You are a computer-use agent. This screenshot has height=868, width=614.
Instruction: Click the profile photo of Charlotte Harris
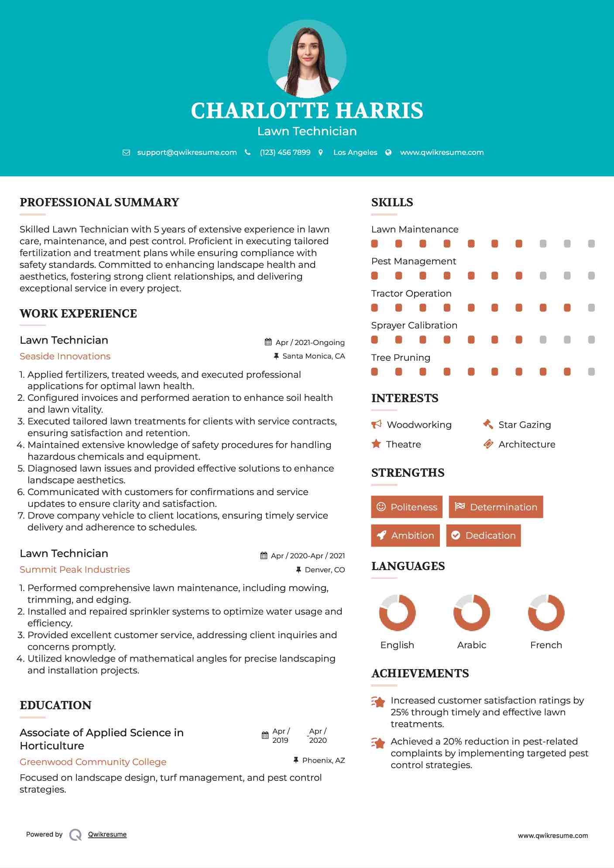pyautogui.click(x=307, y=58)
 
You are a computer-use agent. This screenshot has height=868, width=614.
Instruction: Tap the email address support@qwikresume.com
pyautogui.click(x=187, y=152)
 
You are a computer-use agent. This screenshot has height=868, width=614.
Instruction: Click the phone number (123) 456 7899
pyautogui.click(x=285, y=152)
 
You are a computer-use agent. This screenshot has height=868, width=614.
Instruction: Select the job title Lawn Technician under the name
pyautogui.click(x=307, y=131)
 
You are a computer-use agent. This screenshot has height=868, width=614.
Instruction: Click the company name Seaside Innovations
pyautogui.click(x=65, y=356)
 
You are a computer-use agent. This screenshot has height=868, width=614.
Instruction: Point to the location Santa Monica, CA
pyautogui.click(x=313, y=356)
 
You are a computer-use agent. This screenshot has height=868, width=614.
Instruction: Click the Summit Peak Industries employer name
pyautogui.click(x=75, y=570)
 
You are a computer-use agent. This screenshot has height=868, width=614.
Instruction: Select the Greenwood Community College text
pyautogui.click(x=93, y=762)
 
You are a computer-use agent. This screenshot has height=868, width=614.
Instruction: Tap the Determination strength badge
pyautogui.click(x=496, y=507)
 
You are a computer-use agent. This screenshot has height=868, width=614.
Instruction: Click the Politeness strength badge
pyautogui.click(x=406, y=507)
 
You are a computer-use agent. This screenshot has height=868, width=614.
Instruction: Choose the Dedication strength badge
pyautogui.click(x=483, y=536)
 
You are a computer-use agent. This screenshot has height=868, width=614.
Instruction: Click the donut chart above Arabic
pyautogui.click(x=471, y=612)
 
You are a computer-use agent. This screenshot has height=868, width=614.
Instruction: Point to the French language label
pyautogui.click(x=546, y=645)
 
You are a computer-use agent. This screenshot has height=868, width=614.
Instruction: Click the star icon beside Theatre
pyautogui.click(x=376, y=444)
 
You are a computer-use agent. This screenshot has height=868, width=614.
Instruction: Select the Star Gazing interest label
pyautogui.click(x=525, y=425)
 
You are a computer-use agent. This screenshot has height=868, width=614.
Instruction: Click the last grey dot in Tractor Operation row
pyautogui.click(x=591, y=308)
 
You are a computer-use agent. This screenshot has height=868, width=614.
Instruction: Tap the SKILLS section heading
pyautogui.click(x=392, y=202)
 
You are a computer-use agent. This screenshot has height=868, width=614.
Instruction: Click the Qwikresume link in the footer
pyautogui.click(x=107, y=834)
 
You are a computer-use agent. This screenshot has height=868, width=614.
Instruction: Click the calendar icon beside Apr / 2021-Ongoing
pyautogui.click(x=268, y=342)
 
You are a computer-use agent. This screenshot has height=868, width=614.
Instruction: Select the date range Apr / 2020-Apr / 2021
pyautogui.click(x=308, y=556)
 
